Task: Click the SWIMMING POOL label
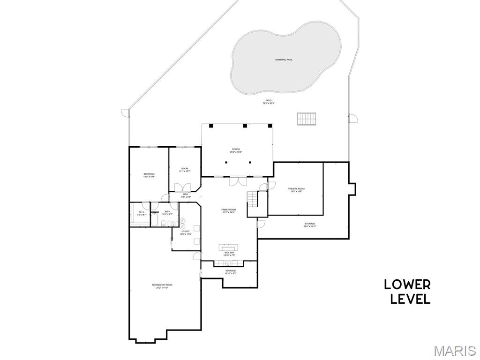coord(284,60)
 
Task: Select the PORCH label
coord(235,150)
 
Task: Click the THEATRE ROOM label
coord(296,189)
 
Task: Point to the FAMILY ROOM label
coord(228,210)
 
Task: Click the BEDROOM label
coord(149,175)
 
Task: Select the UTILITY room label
coord(186,232)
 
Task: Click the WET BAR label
coord(229,254)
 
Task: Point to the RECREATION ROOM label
coord(162,286)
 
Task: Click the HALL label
coord(186,195)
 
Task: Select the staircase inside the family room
coord(253,199)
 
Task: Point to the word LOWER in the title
coord(407,285)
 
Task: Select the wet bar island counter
coord(229,247)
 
